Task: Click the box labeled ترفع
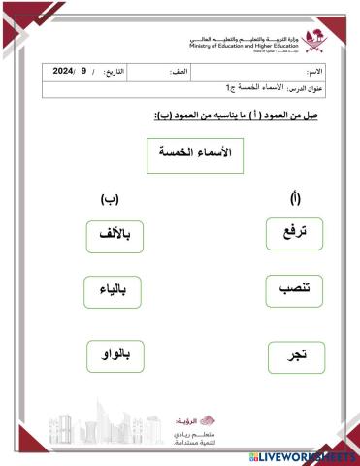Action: (292, 234)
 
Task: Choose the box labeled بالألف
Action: (115, 235)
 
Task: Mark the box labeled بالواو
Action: (115, 355)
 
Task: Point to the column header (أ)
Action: (295, 199)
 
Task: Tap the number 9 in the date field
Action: (84, 72)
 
